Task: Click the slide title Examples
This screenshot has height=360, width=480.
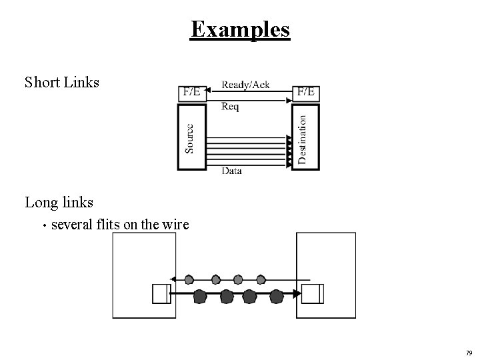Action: pos(240,29)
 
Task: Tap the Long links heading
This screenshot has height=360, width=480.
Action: pos(59,201)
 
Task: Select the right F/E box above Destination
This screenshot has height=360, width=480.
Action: pos(307,92)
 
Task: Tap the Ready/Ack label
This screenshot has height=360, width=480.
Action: pos(245,85)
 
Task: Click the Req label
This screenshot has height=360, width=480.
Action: pos(230,106)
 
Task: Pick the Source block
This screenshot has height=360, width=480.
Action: pos(189,137)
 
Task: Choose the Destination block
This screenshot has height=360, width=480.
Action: pos(304,137)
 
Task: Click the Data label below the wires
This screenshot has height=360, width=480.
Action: pos(231,171)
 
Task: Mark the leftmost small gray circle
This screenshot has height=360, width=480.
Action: pos(189,279)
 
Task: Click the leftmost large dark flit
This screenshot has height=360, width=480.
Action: pos(200,295)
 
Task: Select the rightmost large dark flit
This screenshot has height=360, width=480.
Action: pos(277,295)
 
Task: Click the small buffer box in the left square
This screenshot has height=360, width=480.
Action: pos(159,293)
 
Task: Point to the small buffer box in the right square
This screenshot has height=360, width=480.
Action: pos(312,293)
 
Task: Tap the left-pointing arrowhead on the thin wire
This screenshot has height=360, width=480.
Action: pos(173,279)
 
